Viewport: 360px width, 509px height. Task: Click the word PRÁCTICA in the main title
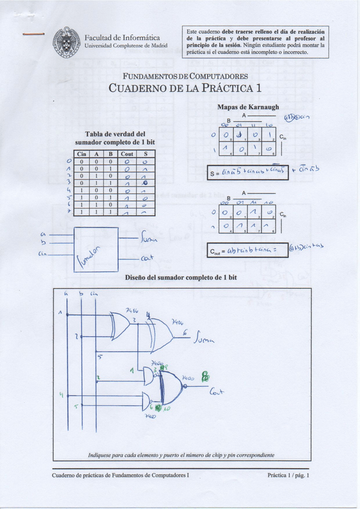pyautogui.click(x=227, y=88)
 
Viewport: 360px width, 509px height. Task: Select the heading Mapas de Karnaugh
pyautogui.click(x=248, y=107)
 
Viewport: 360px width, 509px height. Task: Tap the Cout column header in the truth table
pyautogui.click(x=127, y=154)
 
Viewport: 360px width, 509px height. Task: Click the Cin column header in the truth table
pyautogui.click(x=84, y=154)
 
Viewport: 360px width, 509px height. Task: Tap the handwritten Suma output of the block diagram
pyautogui.click(x=148, y=240)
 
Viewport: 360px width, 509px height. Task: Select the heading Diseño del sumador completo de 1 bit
pyautogui.click(x=181, y=278)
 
